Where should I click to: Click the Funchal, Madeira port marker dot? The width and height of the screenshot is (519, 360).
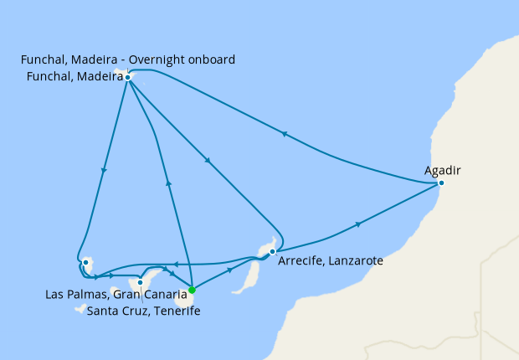[127, 77]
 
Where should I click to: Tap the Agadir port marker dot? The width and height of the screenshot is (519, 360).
[441, 183]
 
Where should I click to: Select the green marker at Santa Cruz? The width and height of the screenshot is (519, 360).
[192, 291]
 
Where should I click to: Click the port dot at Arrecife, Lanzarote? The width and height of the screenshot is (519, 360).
[272, 251]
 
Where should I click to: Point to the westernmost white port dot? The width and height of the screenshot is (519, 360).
[85, 263]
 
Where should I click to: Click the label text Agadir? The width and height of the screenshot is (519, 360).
[443, 170]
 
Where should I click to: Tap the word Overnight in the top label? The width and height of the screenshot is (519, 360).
[157, 59]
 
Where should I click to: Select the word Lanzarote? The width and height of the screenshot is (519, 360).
[353, 261]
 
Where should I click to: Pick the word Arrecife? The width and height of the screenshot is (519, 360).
[296, 261]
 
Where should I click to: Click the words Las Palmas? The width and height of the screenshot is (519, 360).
[72, 295]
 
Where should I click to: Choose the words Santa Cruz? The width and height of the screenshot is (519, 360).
[114, 311]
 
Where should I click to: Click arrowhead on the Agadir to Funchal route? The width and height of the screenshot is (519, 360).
[285, 133]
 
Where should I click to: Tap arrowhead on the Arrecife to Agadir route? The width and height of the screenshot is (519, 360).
[359, 224]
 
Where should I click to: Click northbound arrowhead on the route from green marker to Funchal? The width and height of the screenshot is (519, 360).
[168, 182]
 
